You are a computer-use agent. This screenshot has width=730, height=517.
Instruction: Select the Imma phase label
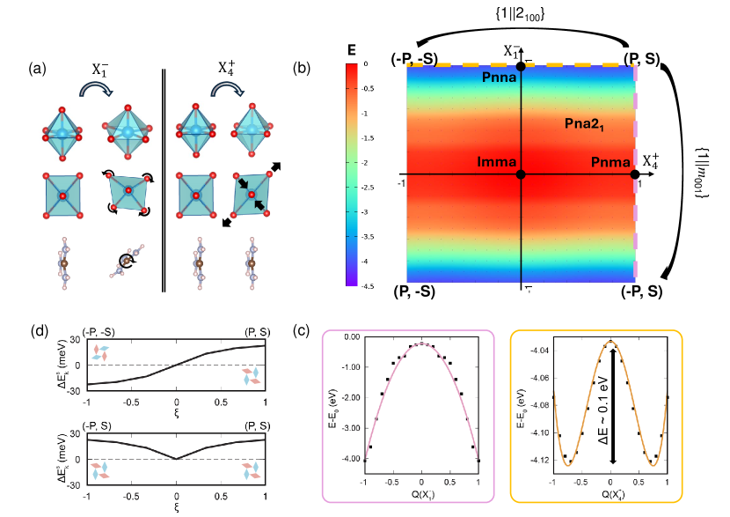[x=498, y=163]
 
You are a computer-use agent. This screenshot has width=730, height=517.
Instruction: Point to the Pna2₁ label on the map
[x=588, y=125]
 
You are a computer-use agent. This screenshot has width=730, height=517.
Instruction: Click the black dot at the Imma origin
[x=522, y=174]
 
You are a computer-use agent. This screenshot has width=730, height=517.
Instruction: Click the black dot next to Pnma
[x=634, y=174]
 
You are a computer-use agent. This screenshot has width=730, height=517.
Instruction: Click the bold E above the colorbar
[x=352, y=50]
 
